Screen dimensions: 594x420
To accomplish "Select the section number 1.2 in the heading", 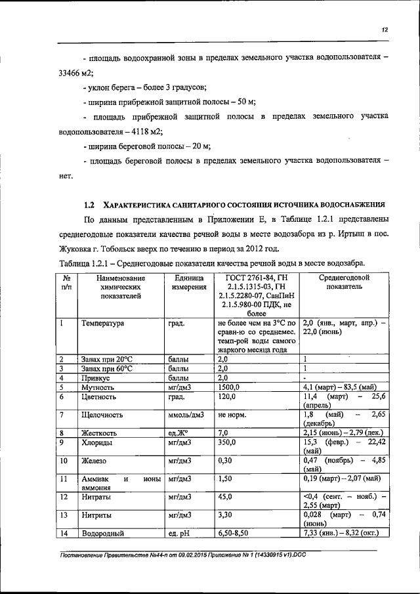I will point(91,204).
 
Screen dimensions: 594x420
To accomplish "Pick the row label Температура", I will point(103,324).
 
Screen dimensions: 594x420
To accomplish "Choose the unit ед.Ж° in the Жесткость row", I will point(178,433).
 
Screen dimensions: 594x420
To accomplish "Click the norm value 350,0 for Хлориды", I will point(227,442).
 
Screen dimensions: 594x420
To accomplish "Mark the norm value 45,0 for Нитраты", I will point(225,498).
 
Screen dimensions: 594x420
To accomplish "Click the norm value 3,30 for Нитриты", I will point(225,516).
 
